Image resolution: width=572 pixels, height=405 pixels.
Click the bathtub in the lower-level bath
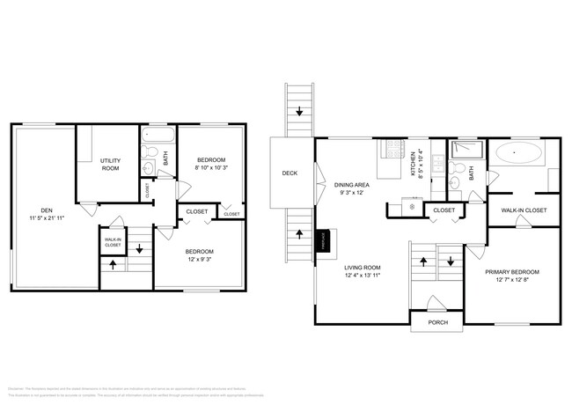point(158,137)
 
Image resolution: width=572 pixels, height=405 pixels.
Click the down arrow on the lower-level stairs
point(138,248)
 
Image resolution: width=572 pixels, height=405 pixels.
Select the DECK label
point(290,173)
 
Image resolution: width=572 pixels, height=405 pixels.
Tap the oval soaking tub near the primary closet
point(517,155)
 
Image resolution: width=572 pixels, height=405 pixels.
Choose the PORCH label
point(437,323)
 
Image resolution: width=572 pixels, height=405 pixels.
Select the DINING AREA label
point(352,185)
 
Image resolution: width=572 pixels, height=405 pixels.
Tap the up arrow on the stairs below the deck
point(300,234)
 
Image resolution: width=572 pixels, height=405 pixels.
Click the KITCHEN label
point(411,163)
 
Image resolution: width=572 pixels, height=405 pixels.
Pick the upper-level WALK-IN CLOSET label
point(524,210)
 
